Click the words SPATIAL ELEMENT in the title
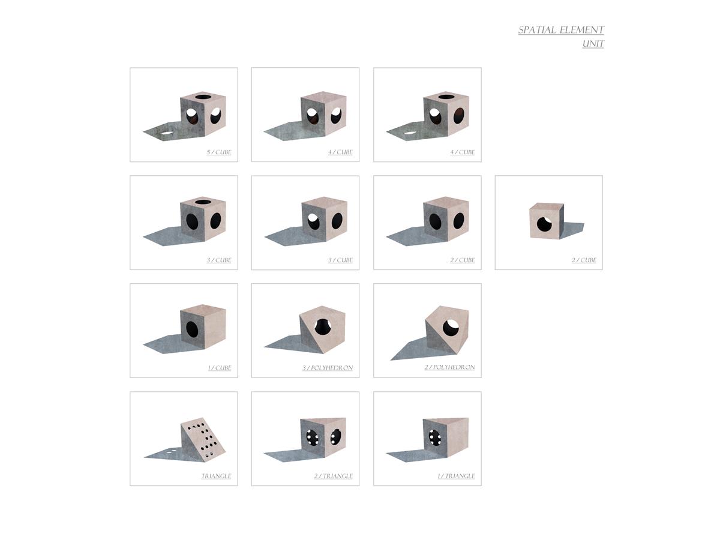pos(560,30)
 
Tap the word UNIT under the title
pos(593,44)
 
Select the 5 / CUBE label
pos(219,152)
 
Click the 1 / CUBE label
pos(220,368)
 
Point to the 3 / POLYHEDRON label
pos(328,368)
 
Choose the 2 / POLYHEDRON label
pos(449,367)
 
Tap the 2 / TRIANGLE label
pos(333,476)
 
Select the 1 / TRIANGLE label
pos(456,476)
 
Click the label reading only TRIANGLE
pos(216,476)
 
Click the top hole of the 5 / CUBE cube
pos(203,97)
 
